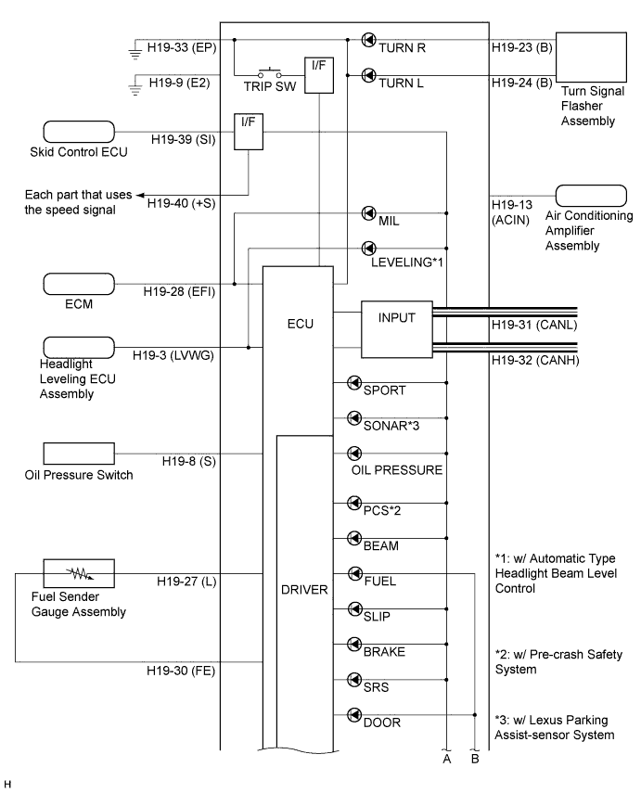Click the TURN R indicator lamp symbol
coord(369,40)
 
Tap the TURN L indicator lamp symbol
coord(369,75)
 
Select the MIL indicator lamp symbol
coord(369,213)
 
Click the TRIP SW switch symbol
coord(270,72)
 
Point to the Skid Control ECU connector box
coord(79,132)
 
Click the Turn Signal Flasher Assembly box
coord(591,58)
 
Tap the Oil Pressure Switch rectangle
coord(79,454)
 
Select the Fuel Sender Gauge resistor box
coord(79,573)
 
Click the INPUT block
coord(397,330)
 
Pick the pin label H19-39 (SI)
coord(183,139)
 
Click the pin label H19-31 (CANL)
coord(534,325)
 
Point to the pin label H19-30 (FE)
coord(181,671)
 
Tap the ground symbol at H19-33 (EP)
coord(135,50)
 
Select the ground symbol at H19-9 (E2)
coord(135,85)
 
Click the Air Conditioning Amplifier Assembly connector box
coord(591,196)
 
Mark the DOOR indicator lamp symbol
coord(354,714)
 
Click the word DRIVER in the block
coord(304,590)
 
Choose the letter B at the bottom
coord(475,759)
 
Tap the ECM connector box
coord(79,284)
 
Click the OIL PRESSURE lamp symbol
coord(354,454)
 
